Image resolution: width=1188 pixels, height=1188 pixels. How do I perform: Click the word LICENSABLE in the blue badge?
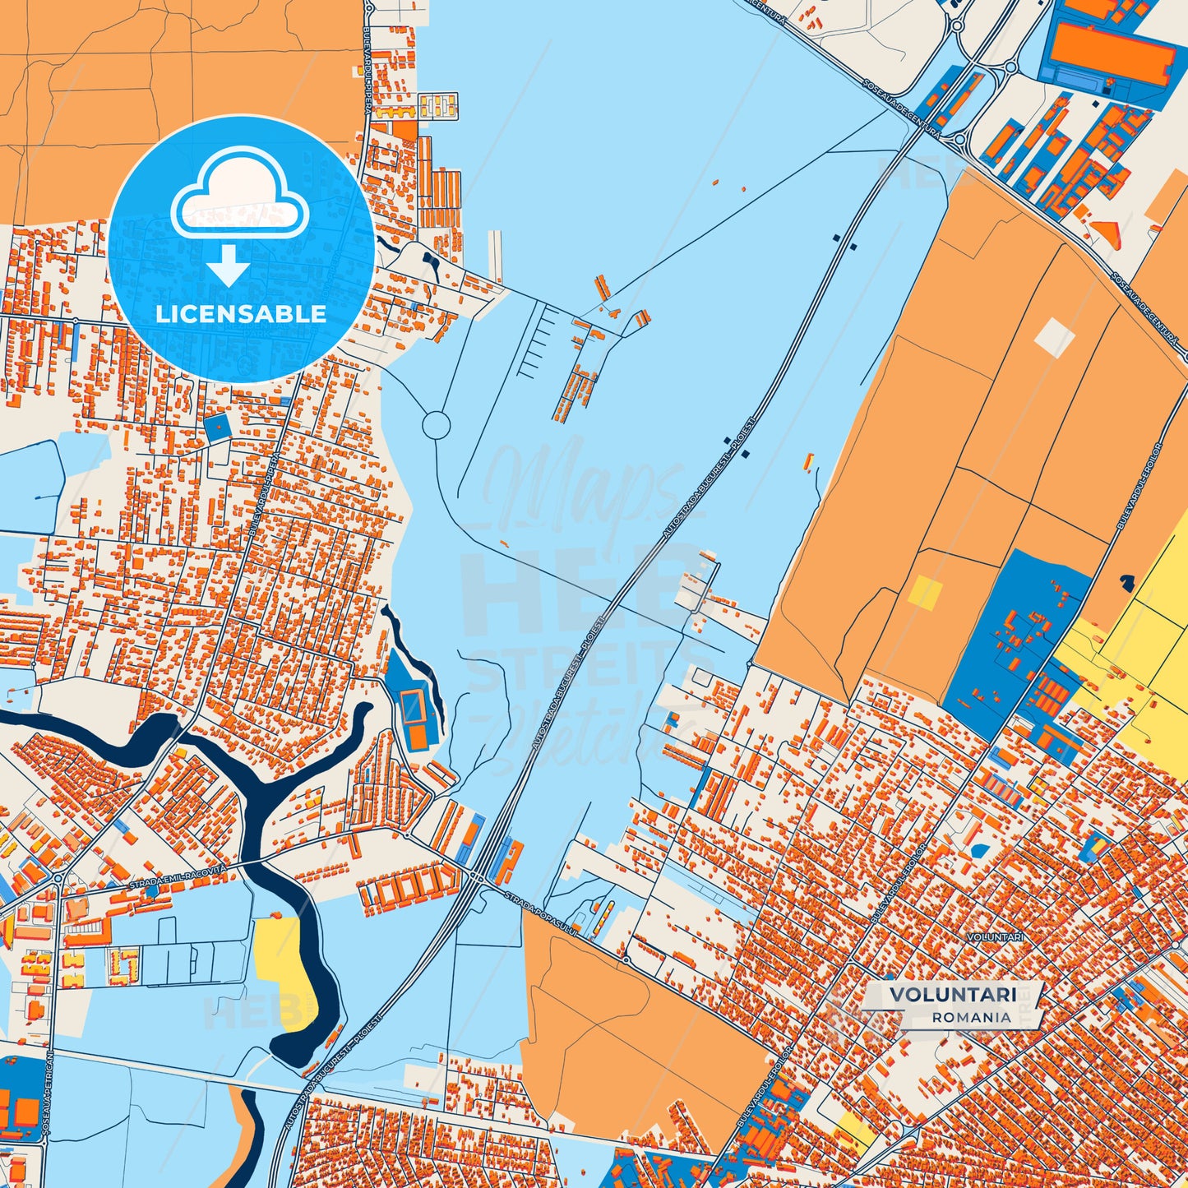point(241,314)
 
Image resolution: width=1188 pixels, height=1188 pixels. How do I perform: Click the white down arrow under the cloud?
point(229,265)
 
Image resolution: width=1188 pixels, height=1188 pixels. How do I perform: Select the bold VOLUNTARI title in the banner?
point(941,995)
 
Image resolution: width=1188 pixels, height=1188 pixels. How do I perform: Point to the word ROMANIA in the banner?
point(972,1017)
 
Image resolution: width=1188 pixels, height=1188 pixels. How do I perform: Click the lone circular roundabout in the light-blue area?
point(436,425)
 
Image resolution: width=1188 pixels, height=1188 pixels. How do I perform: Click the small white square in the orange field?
point(1054,337)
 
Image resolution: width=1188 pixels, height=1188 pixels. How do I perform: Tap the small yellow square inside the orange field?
point(925,592)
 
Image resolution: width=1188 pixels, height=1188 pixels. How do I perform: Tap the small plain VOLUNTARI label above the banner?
point(995,937)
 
